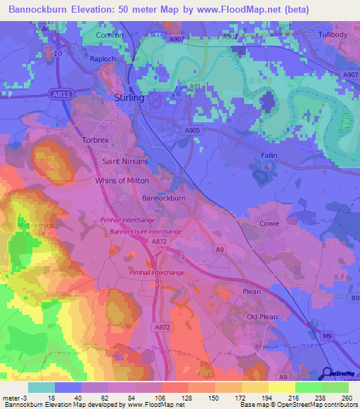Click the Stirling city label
pyautogui.click(x=129, y=98)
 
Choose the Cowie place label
pyautogui.click(x=269, y=223)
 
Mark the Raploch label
pyautogui.click(x=102, y=59)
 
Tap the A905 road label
pyautogui.click(x=192, y=130)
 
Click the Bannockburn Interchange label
pyautogui.click(x=146, y=231)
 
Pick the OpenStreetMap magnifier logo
pyautogui.click(x=327, y=374)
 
